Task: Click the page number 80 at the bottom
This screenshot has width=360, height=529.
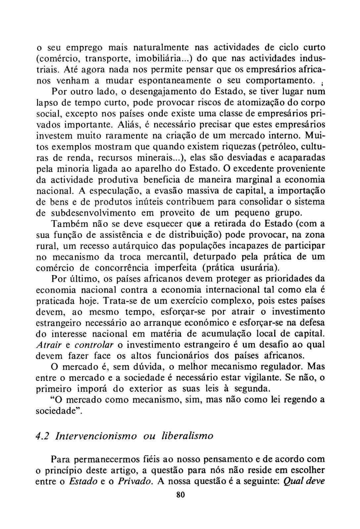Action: [180, 495]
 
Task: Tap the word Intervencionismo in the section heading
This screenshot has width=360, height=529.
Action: [96, 436]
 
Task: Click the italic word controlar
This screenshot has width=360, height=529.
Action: [94, 345]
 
